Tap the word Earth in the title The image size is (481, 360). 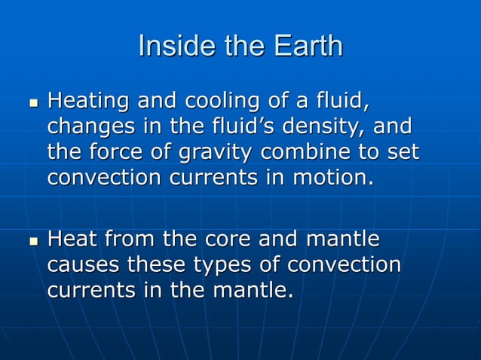pyautogui.click(x=305, y=46)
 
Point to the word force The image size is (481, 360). pyautogui.click(x=118, y=153)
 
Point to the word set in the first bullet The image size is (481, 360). pyautogui.click(x=402, y=153)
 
